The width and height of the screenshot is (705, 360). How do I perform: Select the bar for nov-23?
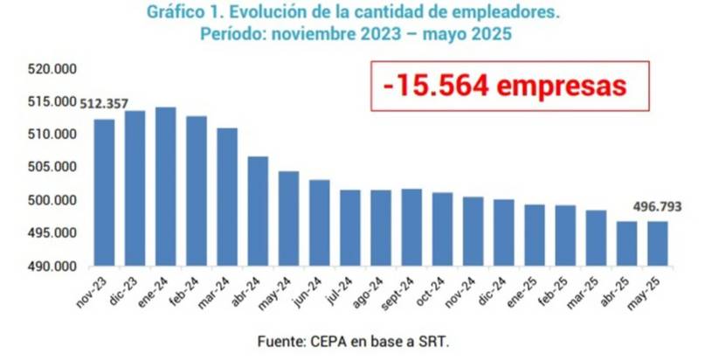(104, 192)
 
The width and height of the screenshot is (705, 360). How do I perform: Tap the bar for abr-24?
(258, 211)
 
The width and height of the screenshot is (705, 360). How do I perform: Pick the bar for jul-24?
(349, 227)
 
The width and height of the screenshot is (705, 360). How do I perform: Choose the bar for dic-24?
(503, 232)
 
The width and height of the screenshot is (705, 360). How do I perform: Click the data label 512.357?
(104, 104)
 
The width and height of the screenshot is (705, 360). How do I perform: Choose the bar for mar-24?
(227, 197)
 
